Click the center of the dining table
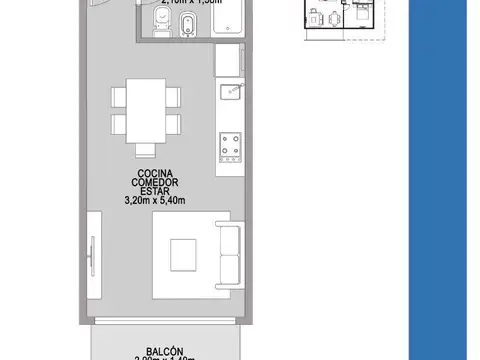(146, 112)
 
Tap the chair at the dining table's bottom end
(146, 150)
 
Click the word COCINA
(156, 174)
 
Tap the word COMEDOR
(156, 183)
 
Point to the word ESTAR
(156, 192)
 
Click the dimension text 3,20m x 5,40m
(156, 201)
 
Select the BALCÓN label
(163, 351)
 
